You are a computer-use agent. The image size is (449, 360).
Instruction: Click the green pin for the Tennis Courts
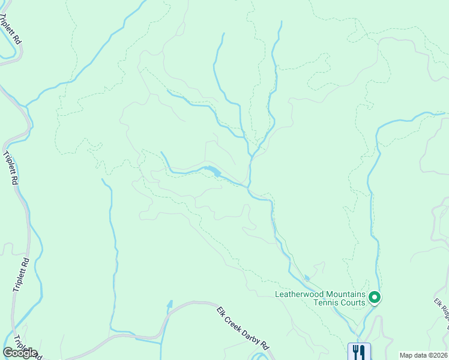pyautogui.click(x=375, y=297)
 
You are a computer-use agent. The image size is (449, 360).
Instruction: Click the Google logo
pyautogui.click(x=20, y=353)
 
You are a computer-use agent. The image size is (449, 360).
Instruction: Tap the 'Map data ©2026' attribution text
pyautogui.click(x=423, y=355)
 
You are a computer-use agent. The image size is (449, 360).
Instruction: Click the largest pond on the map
pyautogui.click(x=211, y=172)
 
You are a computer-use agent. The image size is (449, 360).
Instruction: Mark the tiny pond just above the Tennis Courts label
pyautogui.click(x=307, y=278)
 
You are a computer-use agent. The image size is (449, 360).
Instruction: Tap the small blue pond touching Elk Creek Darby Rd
pyautogui.click(x=170, y=304)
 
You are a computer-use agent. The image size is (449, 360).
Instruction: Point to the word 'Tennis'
pyautogui.click(x=324, y=302)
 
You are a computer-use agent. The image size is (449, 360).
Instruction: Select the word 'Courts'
pyautogui.click(x=352, y=302)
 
